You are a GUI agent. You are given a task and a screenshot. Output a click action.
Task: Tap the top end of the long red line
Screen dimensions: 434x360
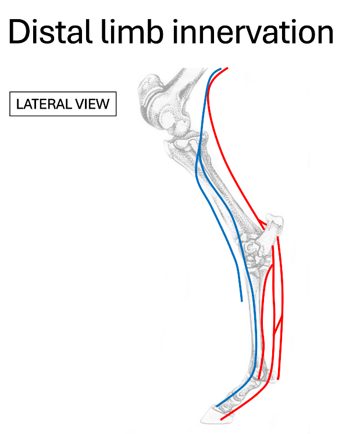pyautogui.click(x=227, y=68)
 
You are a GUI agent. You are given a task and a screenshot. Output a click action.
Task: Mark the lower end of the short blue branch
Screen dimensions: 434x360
pyautogui.click(x=241, y=301)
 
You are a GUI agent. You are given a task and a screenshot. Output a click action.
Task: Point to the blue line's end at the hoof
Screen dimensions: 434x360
pyautogui.click(x=216, y=406)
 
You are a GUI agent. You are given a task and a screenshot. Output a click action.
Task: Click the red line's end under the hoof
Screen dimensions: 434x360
pyautogui.click(x=222, y=419)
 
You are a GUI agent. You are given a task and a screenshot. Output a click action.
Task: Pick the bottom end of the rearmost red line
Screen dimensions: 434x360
pyautogui.click(x=278, y=379)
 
